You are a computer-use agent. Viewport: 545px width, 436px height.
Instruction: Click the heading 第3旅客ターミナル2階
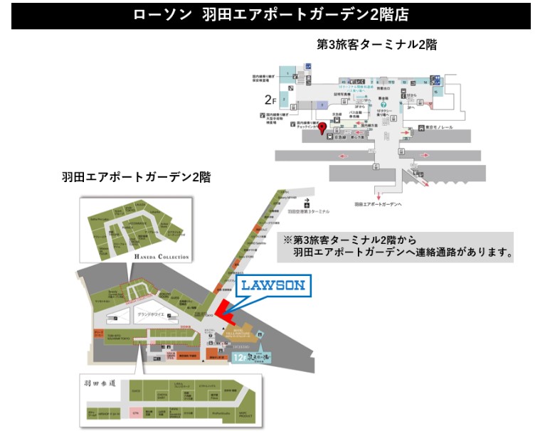[x=376, y=44]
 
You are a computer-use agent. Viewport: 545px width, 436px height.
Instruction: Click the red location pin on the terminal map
[x=322, y=128]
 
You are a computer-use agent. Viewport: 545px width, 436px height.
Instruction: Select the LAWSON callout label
[x=271, y=286]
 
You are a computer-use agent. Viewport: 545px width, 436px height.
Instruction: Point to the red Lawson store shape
[x=227, y=309]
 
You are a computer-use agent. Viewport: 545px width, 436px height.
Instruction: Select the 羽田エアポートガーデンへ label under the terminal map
[x=378, y=204]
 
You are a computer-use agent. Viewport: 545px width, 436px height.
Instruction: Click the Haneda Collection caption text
[x=162, y=257]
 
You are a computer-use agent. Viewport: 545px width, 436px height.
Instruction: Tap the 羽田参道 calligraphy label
[x=100, y=383]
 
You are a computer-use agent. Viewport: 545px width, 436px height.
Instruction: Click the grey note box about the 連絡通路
[x=398, y=245]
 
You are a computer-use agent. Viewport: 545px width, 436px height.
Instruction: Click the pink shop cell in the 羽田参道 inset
[x=135, y=412]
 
